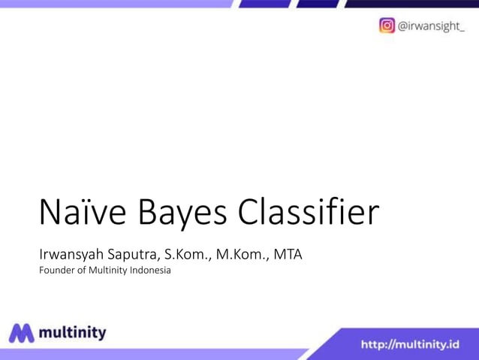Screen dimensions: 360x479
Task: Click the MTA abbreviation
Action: pyautogui.click(x=288, y=254)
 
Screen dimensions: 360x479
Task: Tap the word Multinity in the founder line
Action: pyautogui.click(x=103, y=271)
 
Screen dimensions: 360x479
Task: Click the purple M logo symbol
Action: pyautogui.click(x=23, y=333)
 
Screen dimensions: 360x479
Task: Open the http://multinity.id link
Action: pyautogui.click(x=410, y=345)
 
